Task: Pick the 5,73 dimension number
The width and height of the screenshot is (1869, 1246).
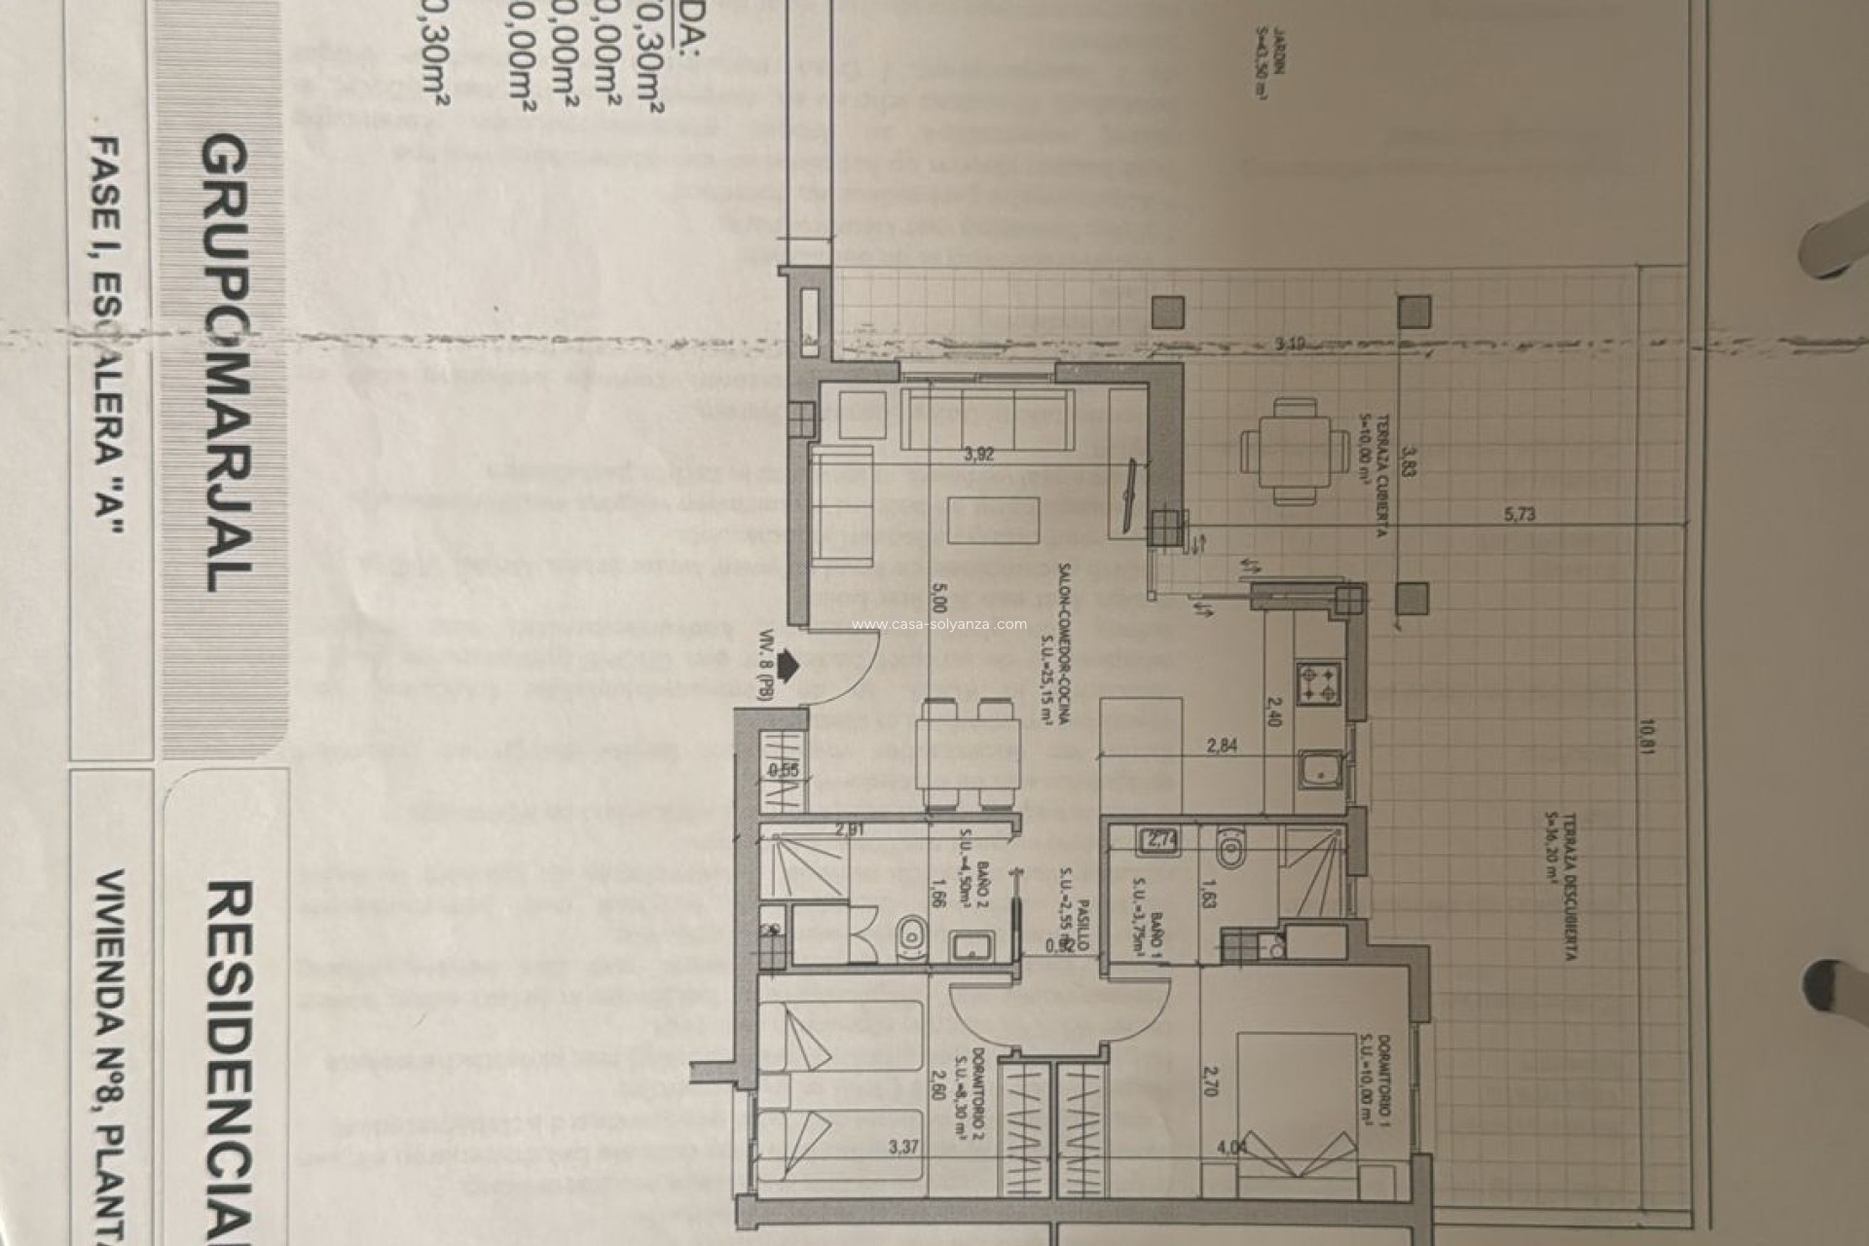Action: (x=1520, y=514)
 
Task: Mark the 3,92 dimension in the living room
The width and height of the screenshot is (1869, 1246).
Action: (x=978, y=453)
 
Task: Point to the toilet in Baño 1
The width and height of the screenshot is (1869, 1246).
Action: (x=1232, y=849)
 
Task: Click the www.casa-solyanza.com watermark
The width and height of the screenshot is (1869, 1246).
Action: (x=939, y=625)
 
